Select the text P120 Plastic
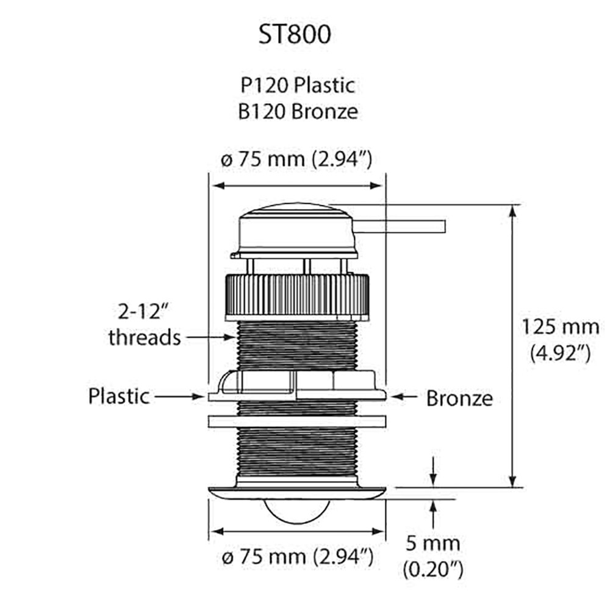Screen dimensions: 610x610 297,85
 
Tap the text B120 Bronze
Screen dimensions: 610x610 297,112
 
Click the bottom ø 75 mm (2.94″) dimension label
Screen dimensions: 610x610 297,556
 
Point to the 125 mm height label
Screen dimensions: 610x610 560,326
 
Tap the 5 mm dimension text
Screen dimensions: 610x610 432,542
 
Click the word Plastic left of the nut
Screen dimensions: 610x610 119,396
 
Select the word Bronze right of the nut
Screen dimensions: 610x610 459,398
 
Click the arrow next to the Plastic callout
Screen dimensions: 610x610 178,396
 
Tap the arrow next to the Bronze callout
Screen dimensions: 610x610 404,397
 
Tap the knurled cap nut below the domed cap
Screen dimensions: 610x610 297,296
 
